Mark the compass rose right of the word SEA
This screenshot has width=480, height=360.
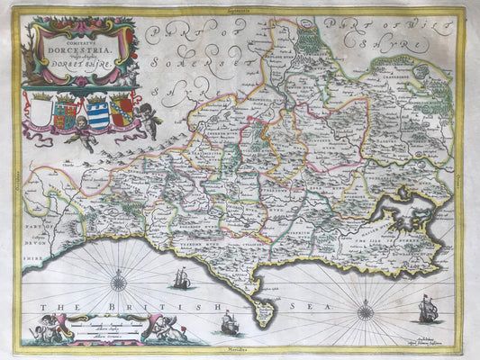[x=365, y=312]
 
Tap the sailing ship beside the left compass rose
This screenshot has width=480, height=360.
[x=182, y=280]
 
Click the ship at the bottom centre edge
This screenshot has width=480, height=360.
[x=230, y=322]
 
